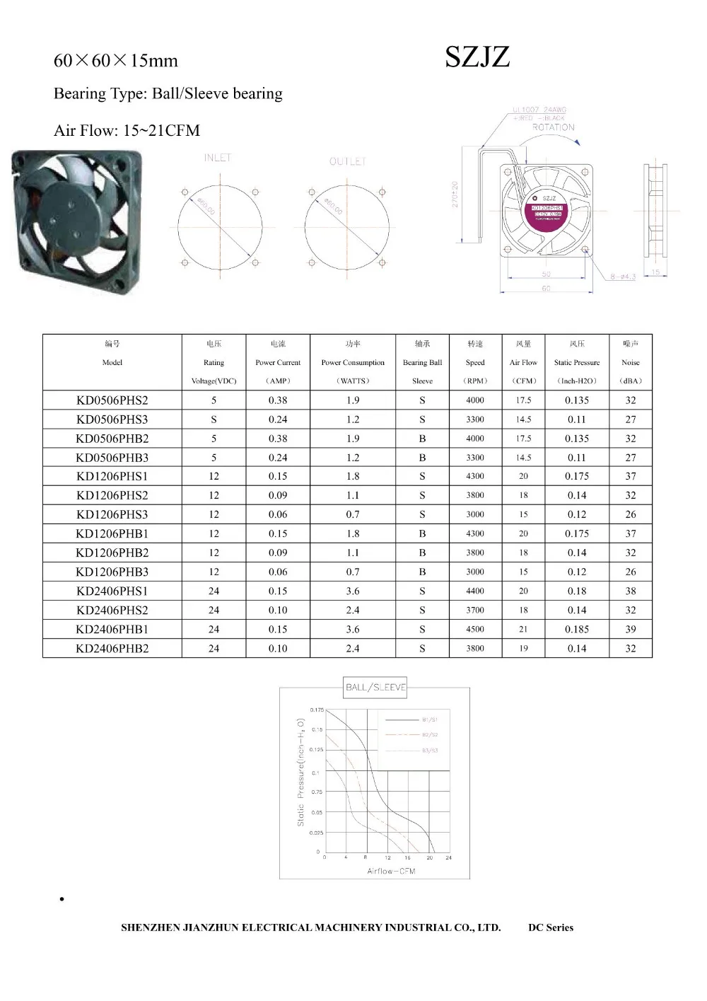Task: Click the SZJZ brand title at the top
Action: [477, 57]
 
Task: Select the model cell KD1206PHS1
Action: [112, 476]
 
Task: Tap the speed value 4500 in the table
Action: [475, 629]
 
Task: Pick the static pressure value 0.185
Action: [577, 629]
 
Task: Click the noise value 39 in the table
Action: [631, 629]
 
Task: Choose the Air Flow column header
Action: [523, 362]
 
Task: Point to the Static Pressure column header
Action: [577, 362]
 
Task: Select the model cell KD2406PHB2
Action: [112, 648]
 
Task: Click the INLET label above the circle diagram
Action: [218, 158]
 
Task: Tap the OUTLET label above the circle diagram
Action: [348, 161]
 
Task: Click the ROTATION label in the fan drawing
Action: [553, 127]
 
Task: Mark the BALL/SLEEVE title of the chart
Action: [375, 687]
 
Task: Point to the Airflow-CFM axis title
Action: [391, 871]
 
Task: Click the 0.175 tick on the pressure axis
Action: [317, 710]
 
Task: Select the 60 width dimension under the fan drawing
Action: [546, 289]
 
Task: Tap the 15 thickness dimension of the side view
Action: [655, 272]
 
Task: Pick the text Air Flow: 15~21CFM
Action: [127, 130]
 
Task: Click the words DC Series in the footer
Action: [551, 927]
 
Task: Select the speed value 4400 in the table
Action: [475, 591]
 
